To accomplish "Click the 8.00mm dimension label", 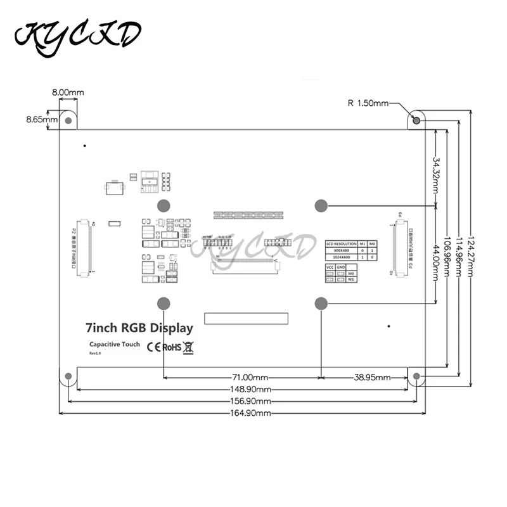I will point(68,93).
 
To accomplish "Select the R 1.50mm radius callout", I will point(368,103).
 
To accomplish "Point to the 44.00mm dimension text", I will point(437,263).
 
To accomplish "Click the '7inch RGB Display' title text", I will point(139,328).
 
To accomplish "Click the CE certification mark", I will point(153,347).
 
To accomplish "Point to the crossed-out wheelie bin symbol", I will point(189,347).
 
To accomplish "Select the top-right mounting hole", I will point(416,120).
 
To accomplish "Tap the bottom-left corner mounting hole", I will point(68,376).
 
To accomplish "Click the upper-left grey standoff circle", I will point(163,205).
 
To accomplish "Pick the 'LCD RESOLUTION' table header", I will point(340,243).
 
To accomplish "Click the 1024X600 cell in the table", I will point(340,257).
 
